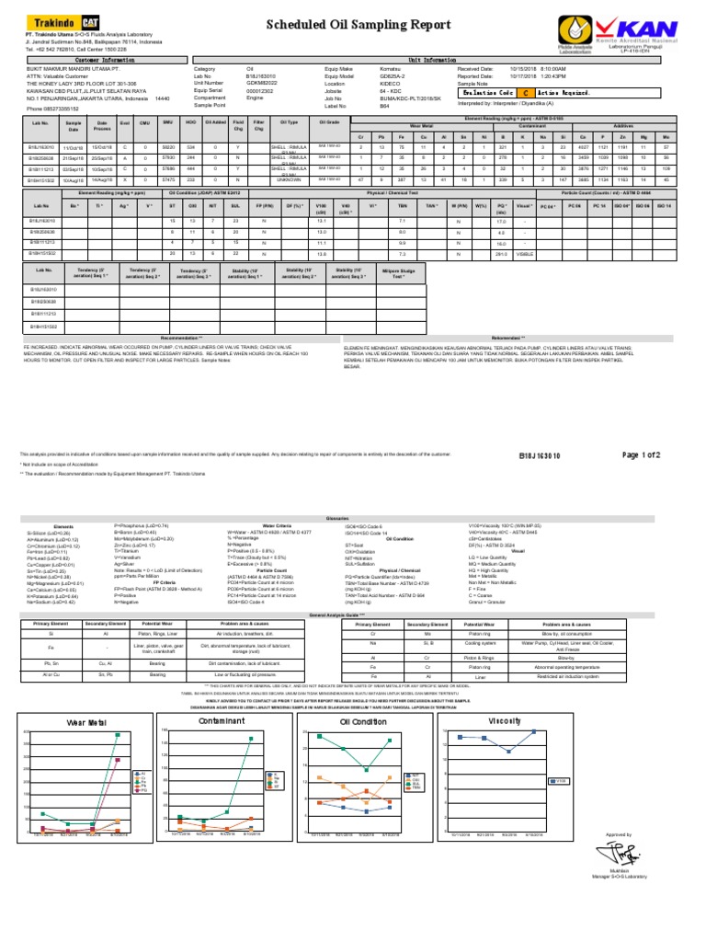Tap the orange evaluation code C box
(x=524, y=94)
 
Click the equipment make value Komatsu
(x=390, y=68)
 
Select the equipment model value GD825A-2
(x=393, y=75)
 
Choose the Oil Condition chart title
(x=364, y=722)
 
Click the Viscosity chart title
(x=505, y=720)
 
